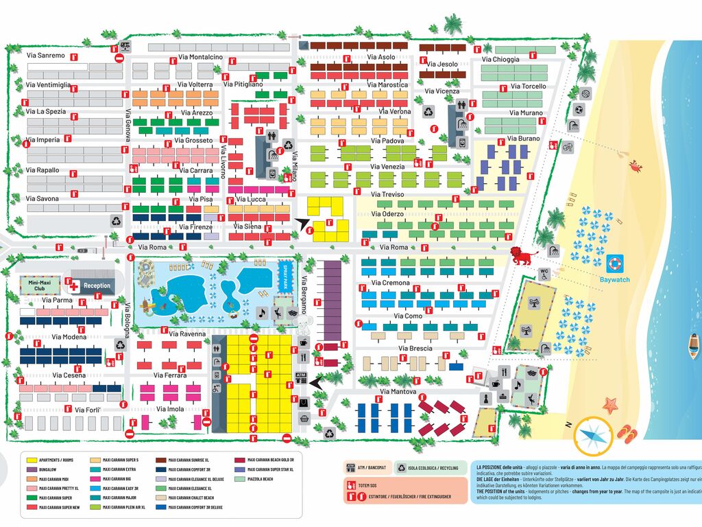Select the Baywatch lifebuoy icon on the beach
coord(614,263)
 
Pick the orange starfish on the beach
coord(610,405)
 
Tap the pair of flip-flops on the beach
coord(627,432)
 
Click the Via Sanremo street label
coord(45,55)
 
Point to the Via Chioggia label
coord(500,59)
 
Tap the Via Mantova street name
coord(398,392)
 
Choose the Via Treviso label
coord(387,194)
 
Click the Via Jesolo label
coord(442,65)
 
